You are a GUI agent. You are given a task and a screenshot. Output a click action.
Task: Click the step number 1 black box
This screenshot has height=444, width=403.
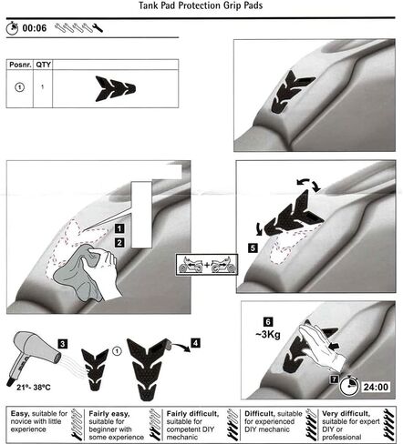pyautogui.click(x=119, y=228)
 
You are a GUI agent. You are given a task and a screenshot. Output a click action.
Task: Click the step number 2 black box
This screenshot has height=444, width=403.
pyautogui.click(x=119, y=243)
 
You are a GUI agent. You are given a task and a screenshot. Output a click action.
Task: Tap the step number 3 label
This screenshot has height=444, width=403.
pyautogui.click(x=63, y=344)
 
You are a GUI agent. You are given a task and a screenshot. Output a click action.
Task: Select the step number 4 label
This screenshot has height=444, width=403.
pyautogui.click(x=195, y=343)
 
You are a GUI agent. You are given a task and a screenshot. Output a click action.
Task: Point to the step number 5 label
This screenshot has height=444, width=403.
pyautogui.click(x=253, y=248)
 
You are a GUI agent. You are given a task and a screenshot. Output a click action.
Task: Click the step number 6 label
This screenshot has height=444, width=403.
pyautogui.click(x=268, y=322)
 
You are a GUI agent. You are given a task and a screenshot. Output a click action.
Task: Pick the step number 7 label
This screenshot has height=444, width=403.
pyautogui.click(x=334, y=379)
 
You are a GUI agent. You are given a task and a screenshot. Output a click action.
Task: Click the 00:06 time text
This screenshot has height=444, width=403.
pyautogui.click(x=35, y=28)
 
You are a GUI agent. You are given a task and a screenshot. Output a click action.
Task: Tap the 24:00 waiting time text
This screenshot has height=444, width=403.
pyautogui.click(x=376, y=387)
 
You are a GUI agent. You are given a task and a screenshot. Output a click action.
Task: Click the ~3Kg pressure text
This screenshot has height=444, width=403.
pyautogui.click(x=268, y=335)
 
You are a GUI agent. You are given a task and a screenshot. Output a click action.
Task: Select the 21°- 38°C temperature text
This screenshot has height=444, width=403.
pyautogui.click(x=34, y=388)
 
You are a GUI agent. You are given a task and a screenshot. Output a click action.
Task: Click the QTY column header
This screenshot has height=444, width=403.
pyautogui.click(x=43, y=65)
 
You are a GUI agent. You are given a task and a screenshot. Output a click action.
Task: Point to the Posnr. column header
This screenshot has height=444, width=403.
pyautogui.click(x=20, y=65)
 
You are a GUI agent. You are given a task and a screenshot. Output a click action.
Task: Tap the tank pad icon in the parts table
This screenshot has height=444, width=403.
pyautogui.click(x=116, y=88)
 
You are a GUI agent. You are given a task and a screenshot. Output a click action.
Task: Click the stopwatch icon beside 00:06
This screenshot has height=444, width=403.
pyautogui.click(x=12, y=28)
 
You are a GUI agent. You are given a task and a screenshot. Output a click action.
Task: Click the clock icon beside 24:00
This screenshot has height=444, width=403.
pyautogui.click(x=349, y=386)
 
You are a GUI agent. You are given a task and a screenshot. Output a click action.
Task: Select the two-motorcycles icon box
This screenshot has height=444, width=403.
pyautogui.click(x=207, y=265)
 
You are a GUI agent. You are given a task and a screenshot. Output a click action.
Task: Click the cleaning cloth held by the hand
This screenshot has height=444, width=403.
pyautogui.click(x=78, y=273)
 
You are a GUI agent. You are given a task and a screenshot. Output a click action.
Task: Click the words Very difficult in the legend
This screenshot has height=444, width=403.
pyautogui.click(x=346, y=414)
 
